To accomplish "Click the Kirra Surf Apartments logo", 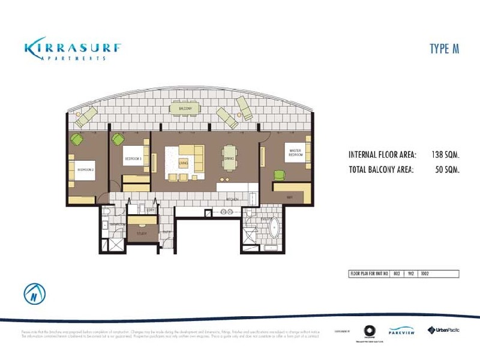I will click(74, 49).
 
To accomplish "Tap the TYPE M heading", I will click(444, 49).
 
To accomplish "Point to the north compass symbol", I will click(35, 294).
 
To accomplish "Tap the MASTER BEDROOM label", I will click(295, 153).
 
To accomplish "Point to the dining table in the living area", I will click(229, 158).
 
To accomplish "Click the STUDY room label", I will click(142, 233).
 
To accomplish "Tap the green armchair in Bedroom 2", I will click(77, 139).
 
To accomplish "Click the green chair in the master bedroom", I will click(278, 175).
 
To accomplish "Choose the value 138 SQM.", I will click(445, 154).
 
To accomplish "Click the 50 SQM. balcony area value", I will click(448, 170).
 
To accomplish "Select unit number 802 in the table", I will click(396, 274).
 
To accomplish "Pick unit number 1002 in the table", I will click(425, 274).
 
